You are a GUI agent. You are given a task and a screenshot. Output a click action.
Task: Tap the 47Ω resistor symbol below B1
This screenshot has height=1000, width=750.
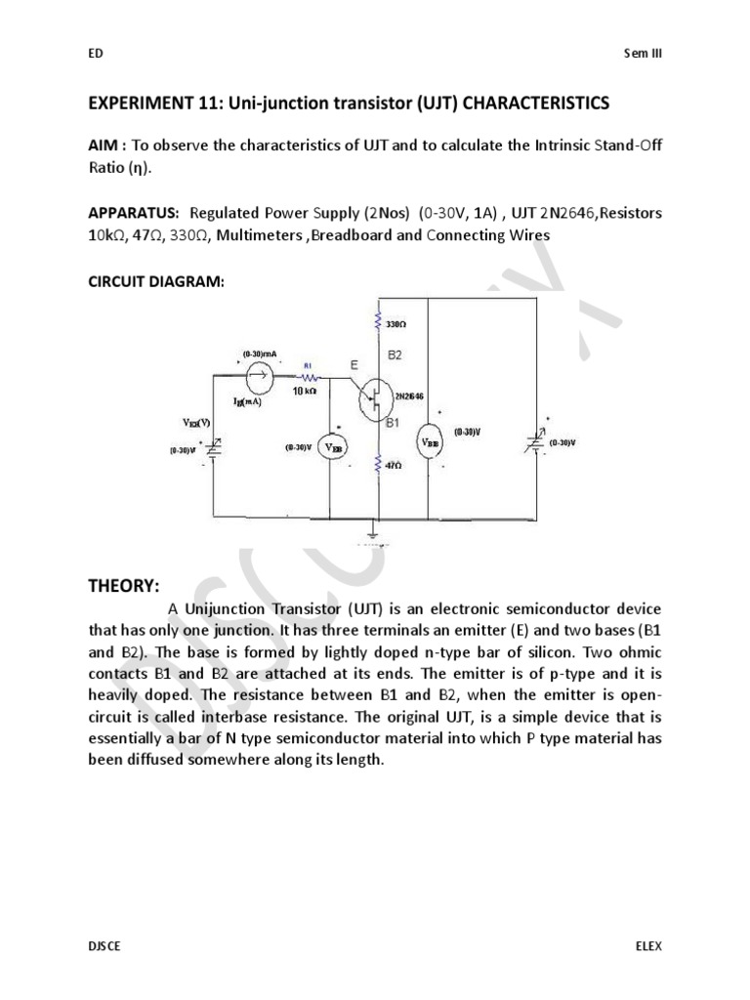(x=377, y=467)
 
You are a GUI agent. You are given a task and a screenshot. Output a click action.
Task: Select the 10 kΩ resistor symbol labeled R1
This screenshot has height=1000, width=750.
(x=310, y=376)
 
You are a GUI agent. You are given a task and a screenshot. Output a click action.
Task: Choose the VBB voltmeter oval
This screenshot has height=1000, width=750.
(x=430, y=441)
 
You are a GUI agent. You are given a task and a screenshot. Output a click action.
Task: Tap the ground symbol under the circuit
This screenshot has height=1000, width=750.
(x=373, y=533)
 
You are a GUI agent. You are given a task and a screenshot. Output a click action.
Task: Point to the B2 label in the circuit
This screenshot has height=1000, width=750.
(x=395, y=356)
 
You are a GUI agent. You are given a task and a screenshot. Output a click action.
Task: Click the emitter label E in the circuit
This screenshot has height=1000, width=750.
(x=353, y=364)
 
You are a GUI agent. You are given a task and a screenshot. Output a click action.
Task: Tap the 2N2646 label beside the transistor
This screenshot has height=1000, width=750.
(x=407, y=396)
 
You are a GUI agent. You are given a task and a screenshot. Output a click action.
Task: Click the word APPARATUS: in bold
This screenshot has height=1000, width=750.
(x=134, y=212)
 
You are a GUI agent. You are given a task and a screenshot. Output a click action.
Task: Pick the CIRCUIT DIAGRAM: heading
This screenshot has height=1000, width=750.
(x=156, y=281)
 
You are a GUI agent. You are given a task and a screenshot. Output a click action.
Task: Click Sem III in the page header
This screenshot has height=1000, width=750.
(x=642, y=54)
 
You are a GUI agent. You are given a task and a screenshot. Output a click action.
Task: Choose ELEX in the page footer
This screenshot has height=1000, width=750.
(x=647, y=946)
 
